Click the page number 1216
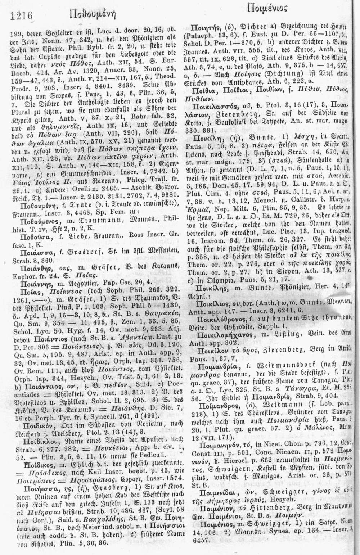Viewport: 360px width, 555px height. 22,15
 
